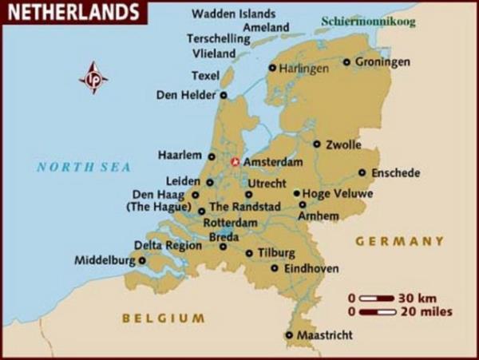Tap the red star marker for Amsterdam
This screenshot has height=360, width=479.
(x=235, y=162)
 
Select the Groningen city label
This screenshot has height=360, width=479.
(x=382, y=61)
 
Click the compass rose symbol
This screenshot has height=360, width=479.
(x=94, y=78)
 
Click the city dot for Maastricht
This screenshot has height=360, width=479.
(x=289, y=335)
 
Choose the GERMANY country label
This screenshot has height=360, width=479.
(x=399, y=241)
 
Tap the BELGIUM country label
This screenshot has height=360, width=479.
(x=163, y=318)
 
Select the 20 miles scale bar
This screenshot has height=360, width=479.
(x=376, y=311)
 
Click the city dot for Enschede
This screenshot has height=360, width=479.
(x=362, y=172)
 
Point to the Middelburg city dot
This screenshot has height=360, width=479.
(x=142, y=259)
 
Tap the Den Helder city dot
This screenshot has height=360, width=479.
(x=223, y=95)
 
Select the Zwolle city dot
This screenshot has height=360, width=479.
(x=317, y=144)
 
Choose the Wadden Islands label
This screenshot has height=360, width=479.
(x=234, y=14)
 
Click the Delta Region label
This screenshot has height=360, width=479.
(x=168, y=245)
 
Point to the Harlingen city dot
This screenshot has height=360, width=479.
(x=272, y=68)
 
